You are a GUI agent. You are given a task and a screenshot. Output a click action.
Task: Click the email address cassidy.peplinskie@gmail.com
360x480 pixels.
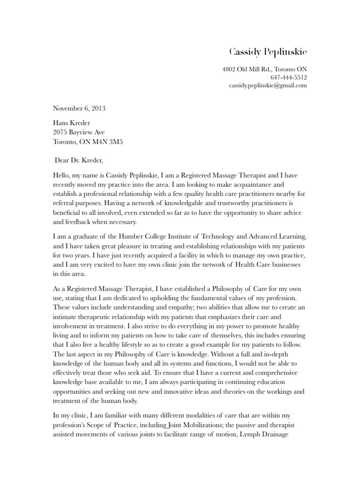click(x=268, y=85)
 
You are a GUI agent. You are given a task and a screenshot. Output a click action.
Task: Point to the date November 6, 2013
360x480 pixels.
click(x=79, y=109)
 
